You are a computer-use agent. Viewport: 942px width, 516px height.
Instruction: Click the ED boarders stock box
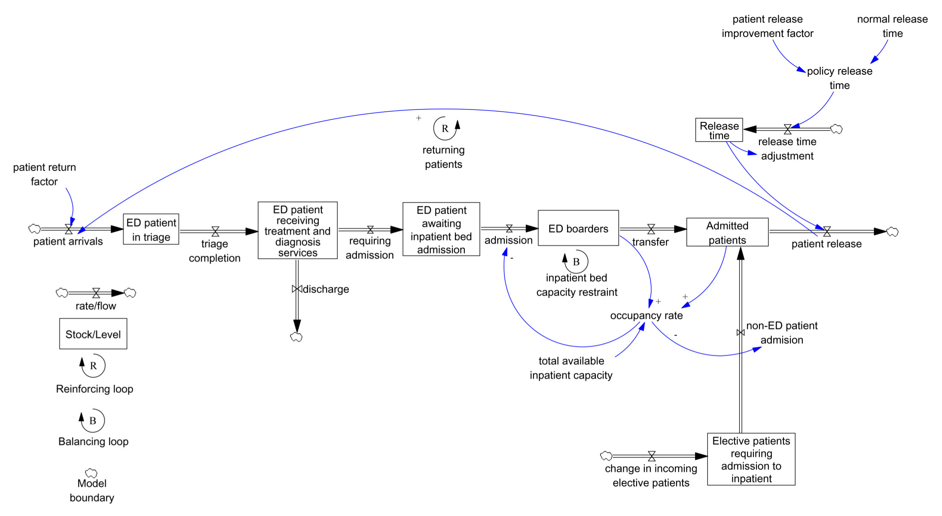pos(578,228)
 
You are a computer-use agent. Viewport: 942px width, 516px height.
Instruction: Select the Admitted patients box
pos(727,232)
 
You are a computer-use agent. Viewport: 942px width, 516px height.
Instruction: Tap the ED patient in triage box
pos(151,229)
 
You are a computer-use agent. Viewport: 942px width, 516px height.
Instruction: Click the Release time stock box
pos(719,130)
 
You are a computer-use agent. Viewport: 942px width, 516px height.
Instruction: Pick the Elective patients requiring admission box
pos(751,459)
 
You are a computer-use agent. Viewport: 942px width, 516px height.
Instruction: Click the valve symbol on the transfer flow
pos(651,229)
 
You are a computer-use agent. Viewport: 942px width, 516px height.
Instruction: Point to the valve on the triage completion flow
pos(216,232)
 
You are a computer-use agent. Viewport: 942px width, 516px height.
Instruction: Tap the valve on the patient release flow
pos(827,232)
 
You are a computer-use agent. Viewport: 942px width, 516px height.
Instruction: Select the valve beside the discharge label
pos(296,289)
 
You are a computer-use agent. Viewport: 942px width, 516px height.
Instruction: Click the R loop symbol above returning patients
pos(445,128)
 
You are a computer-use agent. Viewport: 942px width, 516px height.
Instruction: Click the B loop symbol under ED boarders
pos(576,262)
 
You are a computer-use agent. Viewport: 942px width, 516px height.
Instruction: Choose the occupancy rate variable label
pos(646,316)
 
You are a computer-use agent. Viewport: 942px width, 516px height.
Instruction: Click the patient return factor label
pos(44,174)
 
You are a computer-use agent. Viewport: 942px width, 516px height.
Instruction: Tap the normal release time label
pos(892,26)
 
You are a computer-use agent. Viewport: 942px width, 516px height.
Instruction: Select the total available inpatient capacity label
pos(571,368)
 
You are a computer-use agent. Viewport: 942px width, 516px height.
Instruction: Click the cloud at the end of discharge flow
pos(296,337)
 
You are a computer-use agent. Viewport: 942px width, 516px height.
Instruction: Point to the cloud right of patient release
pos(893,232)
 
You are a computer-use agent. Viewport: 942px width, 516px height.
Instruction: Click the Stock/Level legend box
pos(93,334)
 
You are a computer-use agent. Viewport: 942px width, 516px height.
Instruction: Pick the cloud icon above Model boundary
pos(91,473)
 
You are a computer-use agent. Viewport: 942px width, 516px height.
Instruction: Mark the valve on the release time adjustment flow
pos(788,129)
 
